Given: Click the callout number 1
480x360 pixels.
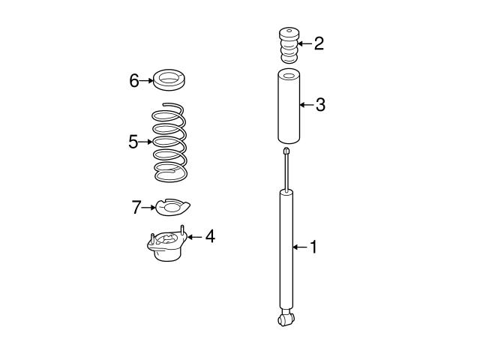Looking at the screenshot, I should point(313,247).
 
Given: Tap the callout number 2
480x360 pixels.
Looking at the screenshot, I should point(319,43).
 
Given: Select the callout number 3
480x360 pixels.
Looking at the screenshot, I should point(320,104).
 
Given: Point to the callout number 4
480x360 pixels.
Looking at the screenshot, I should point(210,237).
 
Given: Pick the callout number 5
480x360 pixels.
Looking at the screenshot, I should point(133,142).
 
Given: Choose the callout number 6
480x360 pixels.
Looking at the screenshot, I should point(134,80).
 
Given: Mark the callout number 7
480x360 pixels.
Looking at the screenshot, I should point(136,208).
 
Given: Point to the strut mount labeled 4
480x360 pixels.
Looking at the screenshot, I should point(167,247).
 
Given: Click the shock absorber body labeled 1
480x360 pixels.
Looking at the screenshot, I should point(286,247).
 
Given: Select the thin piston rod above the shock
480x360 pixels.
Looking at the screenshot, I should point(286,171).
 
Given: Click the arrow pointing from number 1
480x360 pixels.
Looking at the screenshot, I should point(300,247).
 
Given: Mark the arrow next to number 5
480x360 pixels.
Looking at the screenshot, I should point(145,142).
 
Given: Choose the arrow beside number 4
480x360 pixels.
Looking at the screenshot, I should point(195,237).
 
